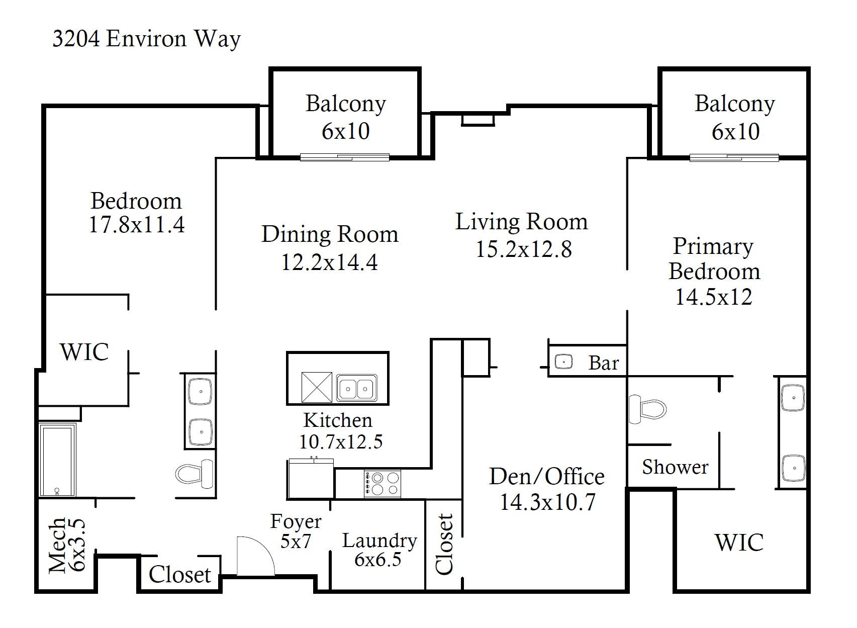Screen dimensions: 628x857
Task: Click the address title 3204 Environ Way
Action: coord(146,39)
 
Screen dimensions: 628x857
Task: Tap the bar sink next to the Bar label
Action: coord(563,362)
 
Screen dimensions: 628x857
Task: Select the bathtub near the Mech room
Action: coord(57,460)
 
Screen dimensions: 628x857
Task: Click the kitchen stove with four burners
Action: coord(383,484)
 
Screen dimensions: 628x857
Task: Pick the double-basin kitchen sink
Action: coord(356,388)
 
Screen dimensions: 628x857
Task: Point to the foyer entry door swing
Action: coord(255,556)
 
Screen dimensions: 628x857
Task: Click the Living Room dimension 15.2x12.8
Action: coord(523,249)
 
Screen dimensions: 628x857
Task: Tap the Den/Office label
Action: coord(546,476)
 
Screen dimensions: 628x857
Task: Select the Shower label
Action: coord(675,467)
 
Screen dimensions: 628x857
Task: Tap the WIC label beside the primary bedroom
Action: coord(738,542)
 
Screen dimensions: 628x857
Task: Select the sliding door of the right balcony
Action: coord(734,158)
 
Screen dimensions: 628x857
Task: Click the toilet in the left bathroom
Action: coord(195,473)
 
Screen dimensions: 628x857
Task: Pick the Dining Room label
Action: coord(330,234)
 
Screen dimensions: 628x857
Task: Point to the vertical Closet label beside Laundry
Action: coord(444,544)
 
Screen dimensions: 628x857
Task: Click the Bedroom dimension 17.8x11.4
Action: coord(137,224)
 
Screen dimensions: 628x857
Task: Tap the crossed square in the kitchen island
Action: coord(316,387)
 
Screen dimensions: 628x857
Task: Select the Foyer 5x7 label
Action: coord(296,531)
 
